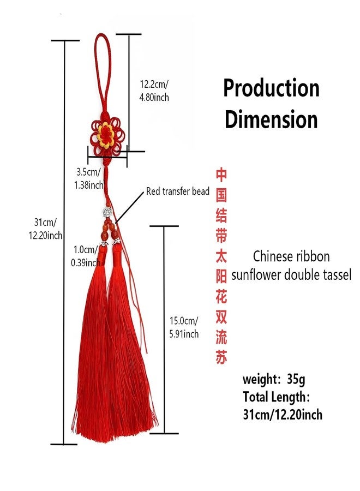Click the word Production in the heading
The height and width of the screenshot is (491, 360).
271,88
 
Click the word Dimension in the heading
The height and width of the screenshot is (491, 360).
271,119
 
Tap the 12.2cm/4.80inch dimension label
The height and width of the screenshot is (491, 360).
154,91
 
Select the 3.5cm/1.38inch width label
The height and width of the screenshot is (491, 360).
88,178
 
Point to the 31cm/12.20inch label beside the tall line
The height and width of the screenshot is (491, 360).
45,229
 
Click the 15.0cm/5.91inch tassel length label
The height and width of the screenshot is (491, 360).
184,327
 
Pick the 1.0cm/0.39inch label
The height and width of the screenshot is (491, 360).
86,256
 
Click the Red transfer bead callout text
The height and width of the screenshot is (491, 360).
178,191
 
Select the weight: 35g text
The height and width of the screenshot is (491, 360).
274,380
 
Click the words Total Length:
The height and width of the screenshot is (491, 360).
277,397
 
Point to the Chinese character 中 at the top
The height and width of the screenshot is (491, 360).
221,175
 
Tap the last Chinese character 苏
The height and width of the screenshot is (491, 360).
221,357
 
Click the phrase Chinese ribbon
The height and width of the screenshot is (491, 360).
291,256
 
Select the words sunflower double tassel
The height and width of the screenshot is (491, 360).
291,274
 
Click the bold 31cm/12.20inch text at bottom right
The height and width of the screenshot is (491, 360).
283,415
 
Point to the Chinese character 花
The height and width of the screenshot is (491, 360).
221,297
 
